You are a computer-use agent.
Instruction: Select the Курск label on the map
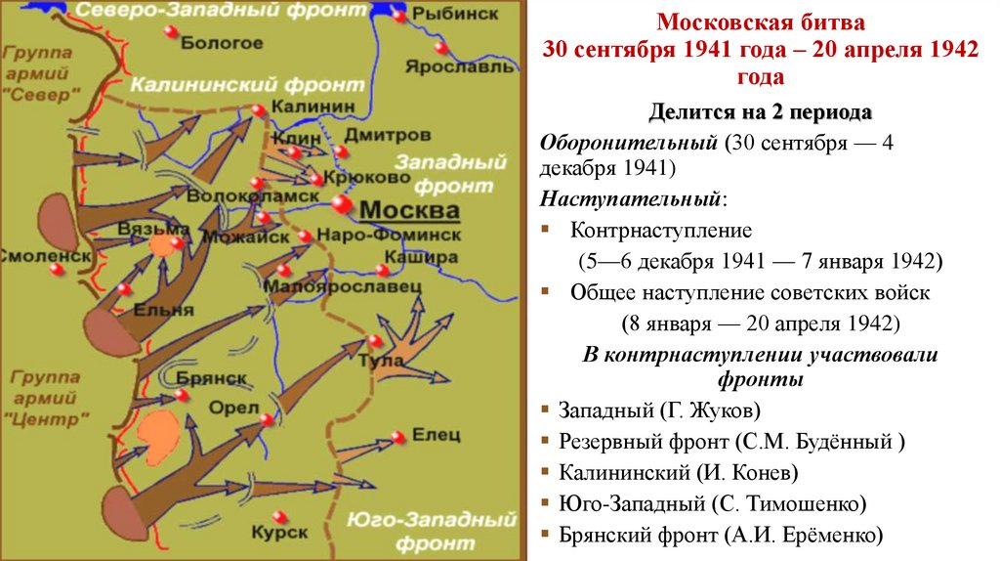279,533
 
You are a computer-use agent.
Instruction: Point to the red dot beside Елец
397,438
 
